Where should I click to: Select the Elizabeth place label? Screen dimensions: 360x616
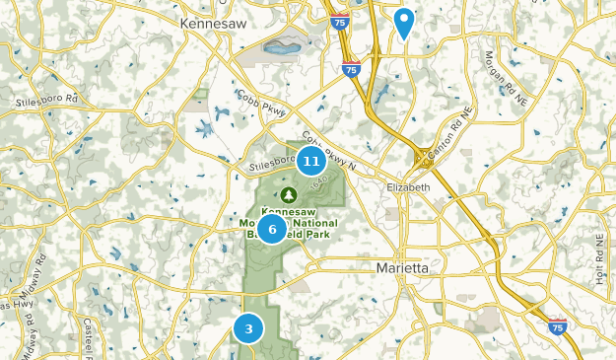coord(409,187)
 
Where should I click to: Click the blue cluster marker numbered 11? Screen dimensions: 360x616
coord(311,161)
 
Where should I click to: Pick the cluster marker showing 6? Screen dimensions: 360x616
coord(272,229)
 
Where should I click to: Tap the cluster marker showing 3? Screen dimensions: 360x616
coord(249,328)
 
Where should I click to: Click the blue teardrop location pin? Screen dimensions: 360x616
coord(403,22)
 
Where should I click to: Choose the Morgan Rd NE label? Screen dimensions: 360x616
coord(501,76)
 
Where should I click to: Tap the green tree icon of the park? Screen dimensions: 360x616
coord(290,194)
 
